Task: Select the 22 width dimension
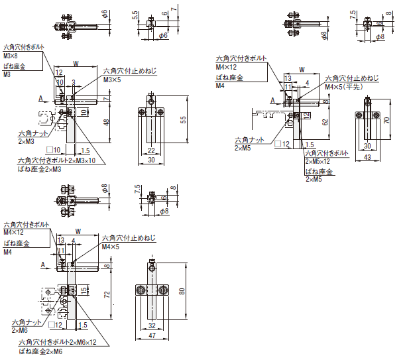tap(151, 150)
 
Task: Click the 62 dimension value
tap(324, 122)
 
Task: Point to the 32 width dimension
tap(151, 326)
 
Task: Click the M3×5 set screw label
tap(111, 80)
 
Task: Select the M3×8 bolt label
tap(13, 56)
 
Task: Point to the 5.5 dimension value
tap(135, 14)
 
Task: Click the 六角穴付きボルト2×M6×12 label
tap(58, 342)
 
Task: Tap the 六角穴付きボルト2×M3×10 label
tap(56, 160)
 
